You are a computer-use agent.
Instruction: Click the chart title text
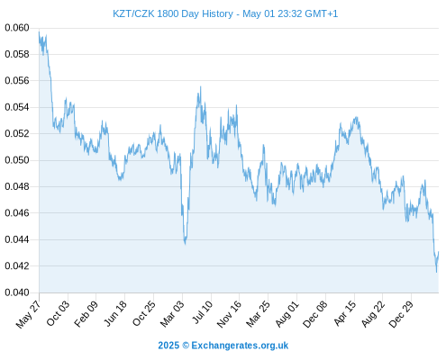pos(225,13)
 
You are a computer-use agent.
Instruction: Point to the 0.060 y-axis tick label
pos(17,28)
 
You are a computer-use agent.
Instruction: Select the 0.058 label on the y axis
pos(17,54)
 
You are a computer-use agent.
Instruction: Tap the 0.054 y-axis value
pos(17,107)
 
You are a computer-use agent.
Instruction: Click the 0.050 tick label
pos(17,160)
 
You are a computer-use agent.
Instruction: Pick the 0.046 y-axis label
pos(17,213)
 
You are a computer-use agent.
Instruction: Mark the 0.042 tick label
pos(17,265)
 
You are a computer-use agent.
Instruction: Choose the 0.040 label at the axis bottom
pos(17,292)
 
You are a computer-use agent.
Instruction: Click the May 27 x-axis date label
pos(28,314)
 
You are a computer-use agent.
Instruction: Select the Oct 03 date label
pos(58,313)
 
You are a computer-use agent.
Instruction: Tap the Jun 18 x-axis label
pos(115,313)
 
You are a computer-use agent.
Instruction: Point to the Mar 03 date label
pos(171,314)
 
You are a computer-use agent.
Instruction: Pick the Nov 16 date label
pos(229,314)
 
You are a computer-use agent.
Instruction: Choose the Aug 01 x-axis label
pos(287,313)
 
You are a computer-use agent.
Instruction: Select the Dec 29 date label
pos(401,314)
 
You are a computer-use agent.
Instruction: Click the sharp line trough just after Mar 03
pos(186,244)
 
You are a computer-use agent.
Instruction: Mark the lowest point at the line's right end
pos(436,272)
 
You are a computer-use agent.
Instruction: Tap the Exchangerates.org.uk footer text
pos(240,346)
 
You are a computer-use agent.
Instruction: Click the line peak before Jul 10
pos(200,87)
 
